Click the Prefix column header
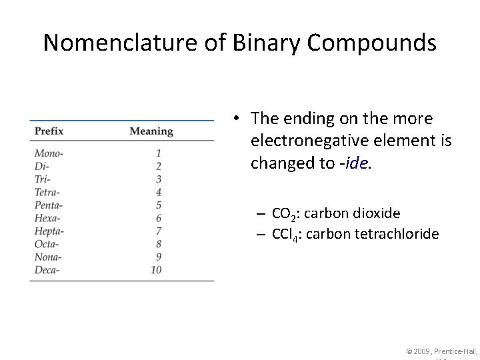click(49, 131)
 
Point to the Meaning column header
click(151, 131)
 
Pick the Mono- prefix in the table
click(49, 153)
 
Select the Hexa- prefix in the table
click(47, 218)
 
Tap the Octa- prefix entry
click(47, 244)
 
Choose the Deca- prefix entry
click(47, 270)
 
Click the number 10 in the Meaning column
click(156, 270)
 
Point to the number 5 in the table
click(159, 205)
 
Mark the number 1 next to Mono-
click(159, 153)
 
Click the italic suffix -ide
click(354, 163)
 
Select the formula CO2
click(286, 214)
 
